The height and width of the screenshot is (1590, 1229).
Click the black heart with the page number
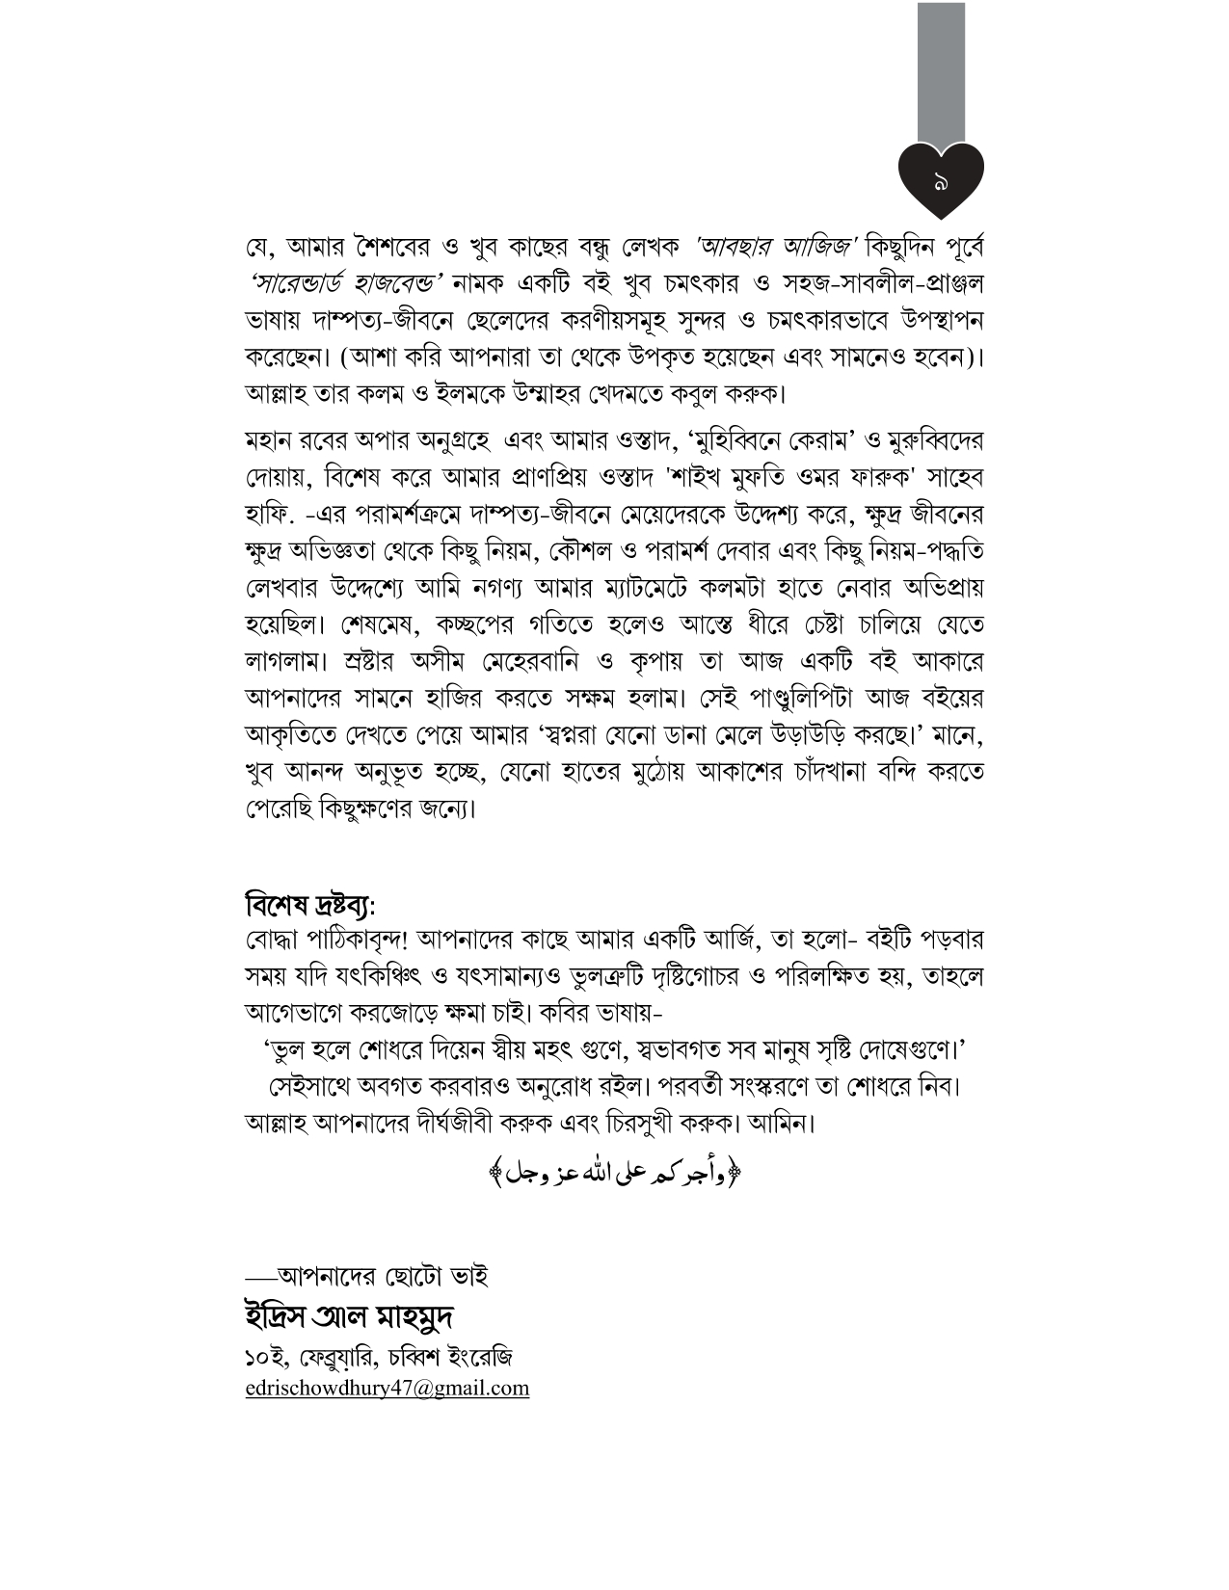click(940, 179)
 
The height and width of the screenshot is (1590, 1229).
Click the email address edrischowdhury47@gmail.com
click(387, 1388)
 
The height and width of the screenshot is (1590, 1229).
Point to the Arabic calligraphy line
click(617, 1173)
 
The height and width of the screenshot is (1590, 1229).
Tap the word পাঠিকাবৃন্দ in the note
click(351, 939)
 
